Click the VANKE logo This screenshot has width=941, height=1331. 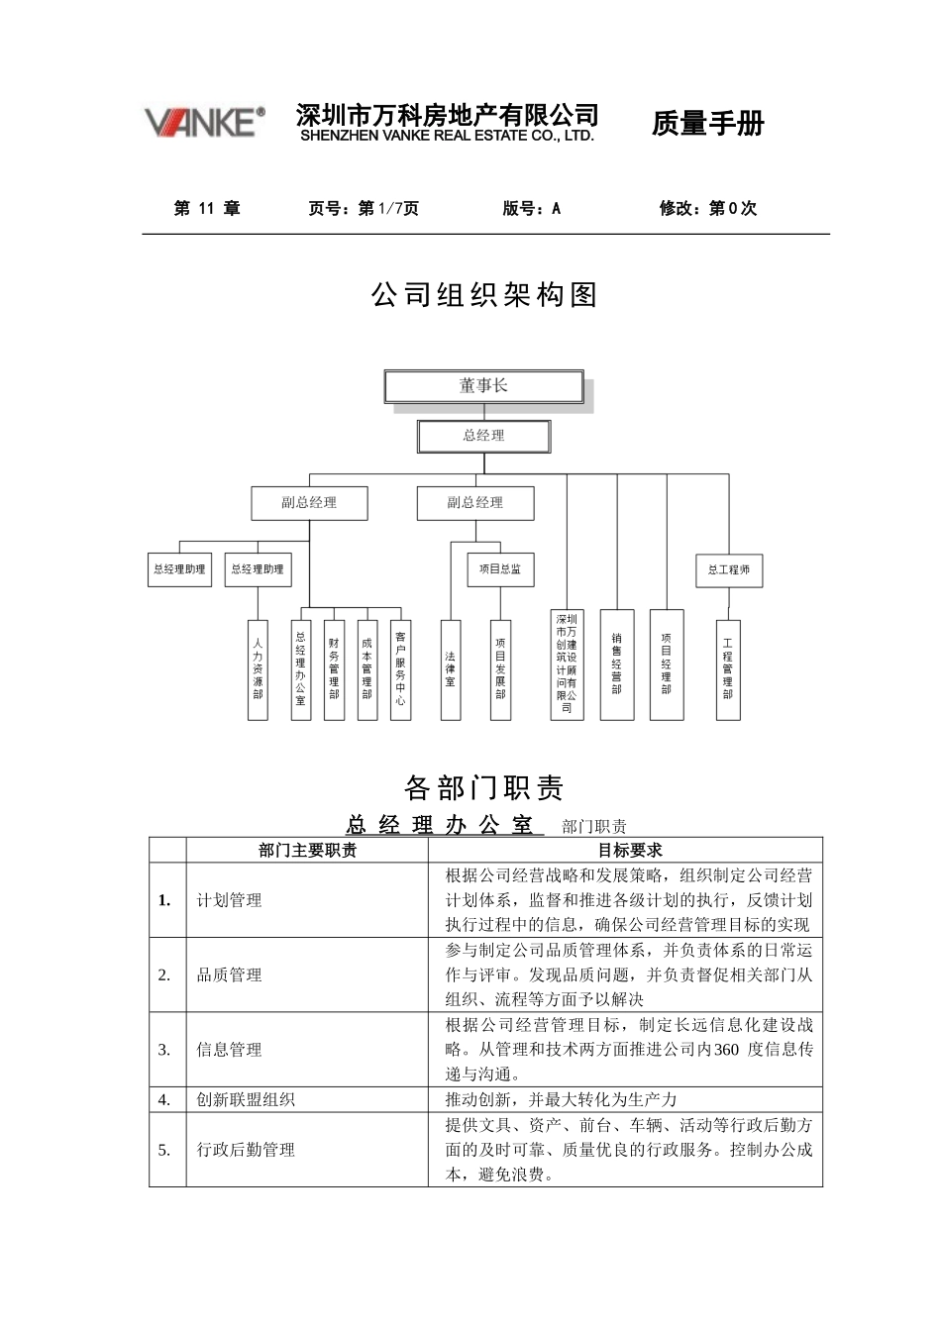click(x=205, y=122)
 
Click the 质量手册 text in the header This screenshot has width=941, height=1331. click(x=707, y=124)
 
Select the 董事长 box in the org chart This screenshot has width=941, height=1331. click(x=483, y=386)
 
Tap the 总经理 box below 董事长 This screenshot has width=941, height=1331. click(x=483, y=436)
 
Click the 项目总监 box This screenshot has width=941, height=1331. click(x=500, y=569)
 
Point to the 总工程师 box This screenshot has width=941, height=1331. click(x=729, y=569)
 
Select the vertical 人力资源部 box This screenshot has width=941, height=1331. click(x=258, y=669)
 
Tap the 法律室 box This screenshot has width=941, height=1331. click(x=451, y=669)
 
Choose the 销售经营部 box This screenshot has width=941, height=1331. click(x=617, y=665)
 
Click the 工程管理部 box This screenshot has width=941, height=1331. click(x=728, y=669)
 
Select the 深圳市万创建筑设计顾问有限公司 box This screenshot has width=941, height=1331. click(x=567, y=665)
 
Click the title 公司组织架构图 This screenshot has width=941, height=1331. click(x=484, y=295)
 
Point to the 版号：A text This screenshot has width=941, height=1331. click(x=532, y=208)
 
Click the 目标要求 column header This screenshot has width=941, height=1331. click(x=629, y=850)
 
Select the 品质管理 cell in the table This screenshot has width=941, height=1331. click(x=230, y=975)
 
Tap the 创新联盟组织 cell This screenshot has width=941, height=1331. click(x=246, y=1100)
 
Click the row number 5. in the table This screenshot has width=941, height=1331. click(x=164, y=1150)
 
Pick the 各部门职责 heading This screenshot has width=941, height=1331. click(x=484, y=788)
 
